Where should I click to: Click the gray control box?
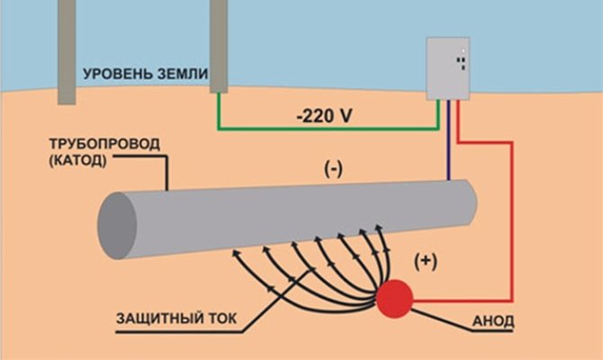(x=448, y=68)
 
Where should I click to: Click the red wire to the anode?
(x=510, y=225)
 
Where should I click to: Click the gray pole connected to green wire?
(x=217, y=45)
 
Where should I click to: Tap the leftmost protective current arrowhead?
(x=237, y=254)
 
